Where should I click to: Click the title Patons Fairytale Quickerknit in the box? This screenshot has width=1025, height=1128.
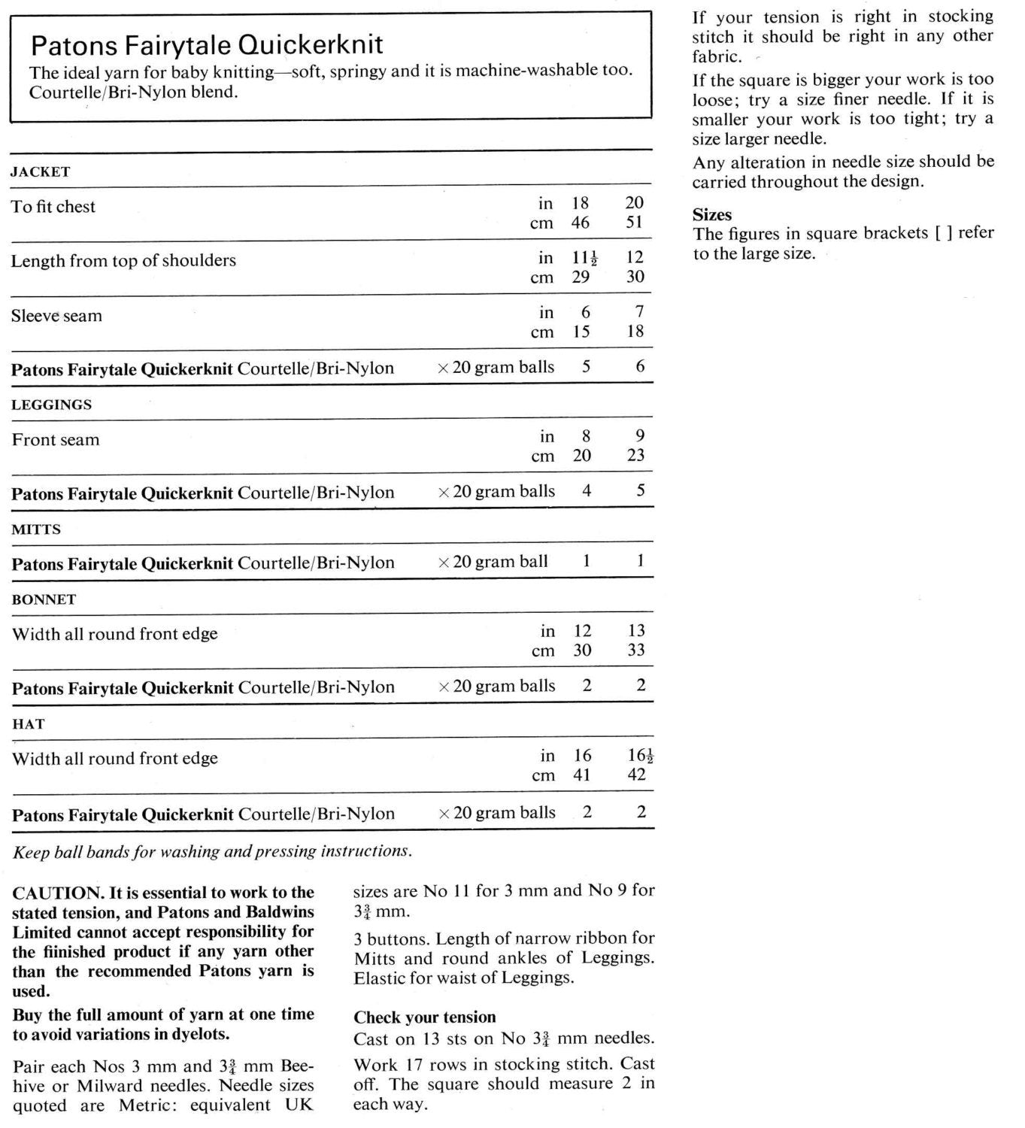pos(207,45)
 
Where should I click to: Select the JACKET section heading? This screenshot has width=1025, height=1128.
pos(41,171)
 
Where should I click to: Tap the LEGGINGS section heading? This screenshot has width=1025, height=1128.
pos(52,405)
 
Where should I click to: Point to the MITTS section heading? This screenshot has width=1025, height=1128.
pos(36,529)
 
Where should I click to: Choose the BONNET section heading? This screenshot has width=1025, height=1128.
pos(44,599)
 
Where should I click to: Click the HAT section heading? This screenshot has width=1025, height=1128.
pos(29,724)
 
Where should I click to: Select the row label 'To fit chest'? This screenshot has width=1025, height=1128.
pos(53,207)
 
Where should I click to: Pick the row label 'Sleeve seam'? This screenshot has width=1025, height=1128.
pos(56,316)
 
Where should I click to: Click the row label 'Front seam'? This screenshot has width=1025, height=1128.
pos(56,440)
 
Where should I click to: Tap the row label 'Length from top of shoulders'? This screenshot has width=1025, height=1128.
pos(123,261)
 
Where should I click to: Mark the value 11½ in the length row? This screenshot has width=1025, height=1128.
pos(585,258)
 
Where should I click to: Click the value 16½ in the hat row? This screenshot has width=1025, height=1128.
pos(640,756)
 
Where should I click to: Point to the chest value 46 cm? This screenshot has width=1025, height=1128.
pos(580,223)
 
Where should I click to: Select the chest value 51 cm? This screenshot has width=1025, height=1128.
pos(635,223)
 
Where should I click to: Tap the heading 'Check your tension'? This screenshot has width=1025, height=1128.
pos(425,1017)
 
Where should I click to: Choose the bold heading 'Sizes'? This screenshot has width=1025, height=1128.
pos(712,214)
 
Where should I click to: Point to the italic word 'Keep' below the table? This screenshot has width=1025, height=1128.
pos(31,851)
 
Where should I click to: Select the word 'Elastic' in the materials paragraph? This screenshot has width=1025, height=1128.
pos(380,978)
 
